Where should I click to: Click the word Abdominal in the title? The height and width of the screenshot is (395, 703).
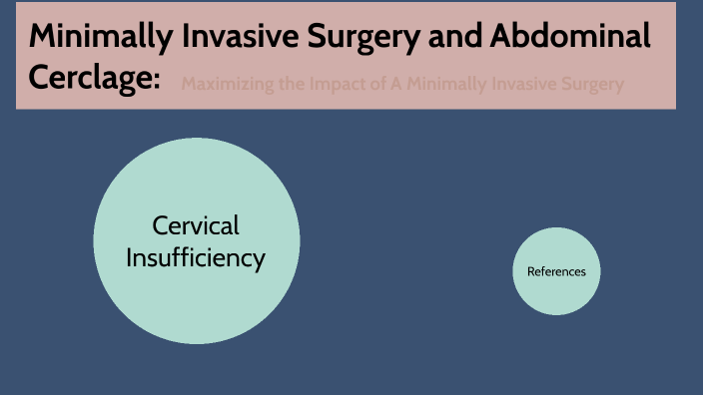pos(572,36)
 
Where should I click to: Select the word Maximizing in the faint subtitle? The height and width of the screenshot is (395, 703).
pos(227,85)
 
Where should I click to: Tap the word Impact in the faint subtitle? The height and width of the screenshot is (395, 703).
pos(335,85)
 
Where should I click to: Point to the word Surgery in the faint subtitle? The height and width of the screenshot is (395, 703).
pos(591,85)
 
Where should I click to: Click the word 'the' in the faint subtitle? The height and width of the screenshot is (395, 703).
pos(289,85)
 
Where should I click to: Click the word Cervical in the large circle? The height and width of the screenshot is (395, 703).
pos(196,225)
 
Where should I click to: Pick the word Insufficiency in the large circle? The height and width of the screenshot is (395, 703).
pos(196,258)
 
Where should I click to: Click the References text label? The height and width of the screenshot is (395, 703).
pos(556,271)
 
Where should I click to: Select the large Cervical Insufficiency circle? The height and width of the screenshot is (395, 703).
pos(196,299)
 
